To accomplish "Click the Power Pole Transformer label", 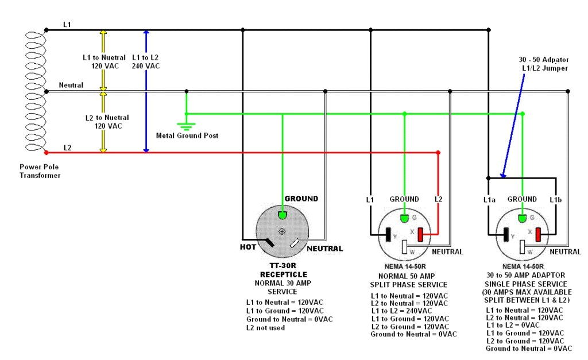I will click(40, 171).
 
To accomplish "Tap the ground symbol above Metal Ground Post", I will click(186, 126).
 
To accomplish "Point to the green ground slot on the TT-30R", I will click(282, 215).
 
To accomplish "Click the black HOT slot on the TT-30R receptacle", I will click(269, 243).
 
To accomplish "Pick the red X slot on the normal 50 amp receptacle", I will click(420, 235).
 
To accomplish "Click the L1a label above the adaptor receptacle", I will click(489, 199).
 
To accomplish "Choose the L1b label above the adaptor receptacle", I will click(555, 199).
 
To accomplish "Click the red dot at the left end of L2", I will click(46, 152).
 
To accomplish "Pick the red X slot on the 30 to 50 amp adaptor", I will click(539, 235).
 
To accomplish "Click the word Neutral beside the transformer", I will click(71, 85).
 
